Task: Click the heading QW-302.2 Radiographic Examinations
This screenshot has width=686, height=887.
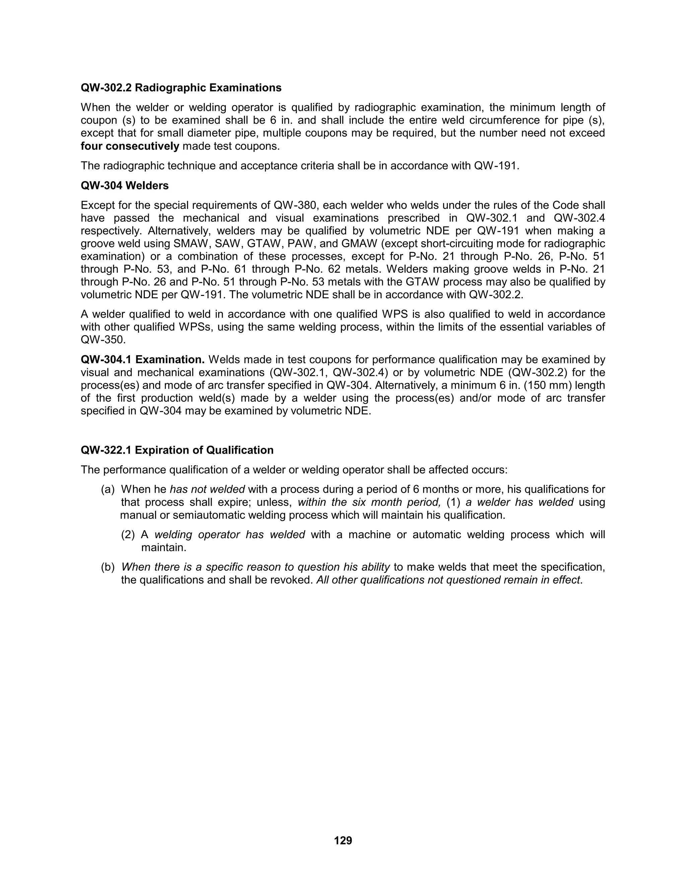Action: (x=181, y=88)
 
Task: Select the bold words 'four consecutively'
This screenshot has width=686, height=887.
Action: (x=130, y=146)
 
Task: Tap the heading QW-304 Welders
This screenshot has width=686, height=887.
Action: (x=124, y=186)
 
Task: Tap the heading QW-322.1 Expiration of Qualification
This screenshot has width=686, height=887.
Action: (x=177, y=451)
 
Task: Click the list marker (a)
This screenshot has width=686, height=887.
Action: (x=108, y=489)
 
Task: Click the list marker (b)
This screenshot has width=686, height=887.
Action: (x=108, y=567)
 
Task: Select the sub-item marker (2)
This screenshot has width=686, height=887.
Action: (x=128, y=535)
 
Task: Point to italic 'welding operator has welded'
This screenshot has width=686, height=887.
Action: (x=229, y=535)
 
